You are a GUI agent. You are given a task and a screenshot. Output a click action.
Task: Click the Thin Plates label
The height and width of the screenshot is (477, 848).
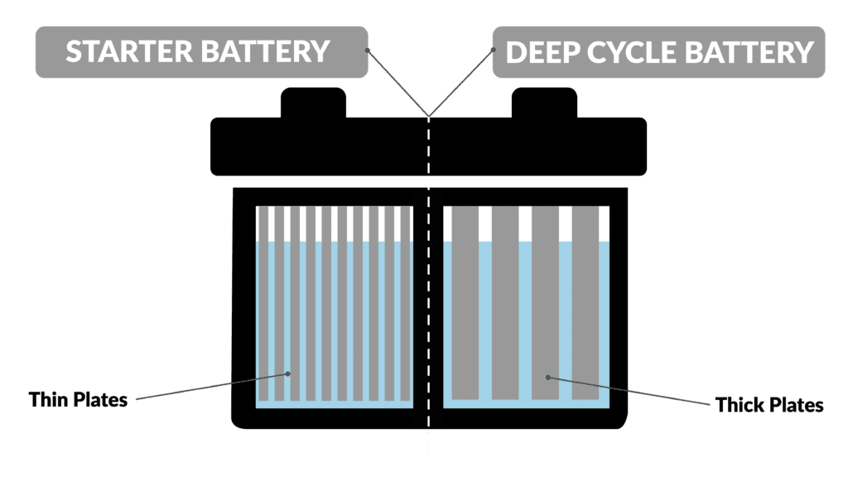[79, 400]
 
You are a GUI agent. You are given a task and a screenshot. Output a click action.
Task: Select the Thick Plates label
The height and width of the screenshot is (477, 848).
[769, 405]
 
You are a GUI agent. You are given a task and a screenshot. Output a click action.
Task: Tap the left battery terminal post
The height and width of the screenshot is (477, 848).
[313, 103]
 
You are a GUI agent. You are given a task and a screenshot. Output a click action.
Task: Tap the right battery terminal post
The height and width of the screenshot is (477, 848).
[542, 103]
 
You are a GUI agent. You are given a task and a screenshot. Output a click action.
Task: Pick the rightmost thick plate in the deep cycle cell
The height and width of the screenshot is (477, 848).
[585, 302]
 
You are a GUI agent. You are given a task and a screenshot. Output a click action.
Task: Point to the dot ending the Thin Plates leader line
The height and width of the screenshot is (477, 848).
[287, 373]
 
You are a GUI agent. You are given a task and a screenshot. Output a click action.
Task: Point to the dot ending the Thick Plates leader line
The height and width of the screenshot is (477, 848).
[548, 377]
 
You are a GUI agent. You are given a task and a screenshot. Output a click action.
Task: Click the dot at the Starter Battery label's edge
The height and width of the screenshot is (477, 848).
[367, 50]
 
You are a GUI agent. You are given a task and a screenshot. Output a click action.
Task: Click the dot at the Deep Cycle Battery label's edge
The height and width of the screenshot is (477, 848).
[494, 50]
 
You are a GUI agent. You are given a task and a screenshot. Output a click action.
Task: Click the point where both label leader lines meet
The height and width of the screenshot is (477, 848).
[428, 113]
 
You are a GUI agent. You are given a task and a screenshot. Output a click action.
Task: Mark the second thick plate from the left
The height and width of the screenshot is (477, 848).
[504, 302]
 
